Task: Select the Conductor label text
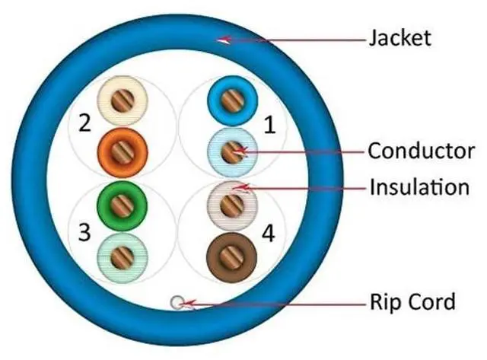(x=422, y=151)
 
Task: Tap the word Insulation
(x=419, y=186)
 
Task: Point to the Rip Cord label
(x=412, y=301)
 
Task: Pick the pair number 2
(x=84, y=121)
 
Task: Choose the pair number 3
(x=84, y=233)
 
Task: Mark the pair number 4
(x=268, y=233)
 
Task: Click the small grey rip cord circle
(x=177, y=302)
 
